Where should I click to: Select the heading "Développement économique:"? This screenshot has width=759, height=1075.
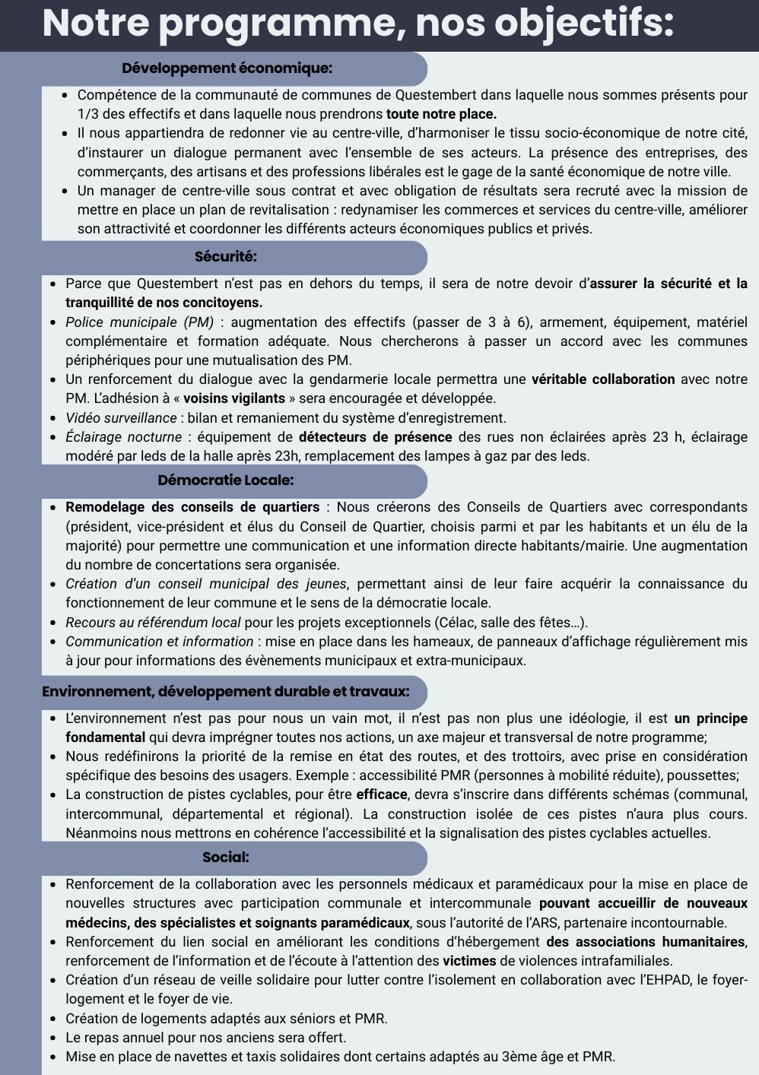227,68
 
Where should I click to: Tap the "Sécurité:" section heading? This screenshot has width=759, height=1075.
226,257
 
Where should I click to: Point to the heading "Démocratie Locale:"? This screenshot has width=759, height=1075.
226,480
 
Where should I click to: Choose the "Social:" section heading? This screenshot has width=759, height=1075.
226,858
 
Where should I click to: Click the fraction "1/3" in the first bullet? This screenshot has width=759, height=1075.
88,114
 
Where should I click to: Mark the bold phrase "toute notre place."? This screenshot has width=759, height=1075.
441,114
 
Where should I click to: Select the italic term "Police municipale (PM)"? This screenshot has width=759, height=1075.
139,322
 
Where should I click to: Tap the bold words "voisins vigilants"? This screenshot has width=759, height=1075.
234,398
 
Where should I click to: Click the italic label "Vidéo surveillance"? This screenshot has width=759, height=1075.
121,418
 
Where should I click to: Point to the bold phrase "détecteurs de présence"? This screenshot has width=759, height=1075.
375,437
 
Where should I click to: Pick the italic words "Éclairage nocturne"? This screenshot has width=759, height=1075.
123,437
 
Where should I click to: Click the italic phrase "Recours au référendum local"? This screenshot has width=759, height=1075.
153,623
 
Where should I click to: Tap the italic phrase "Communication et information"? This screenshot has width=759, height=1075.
159,642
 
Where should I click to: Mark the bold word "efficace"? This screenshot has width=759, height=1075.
382,794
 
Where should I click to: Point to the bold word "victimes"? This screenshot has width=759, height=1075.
469,961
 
